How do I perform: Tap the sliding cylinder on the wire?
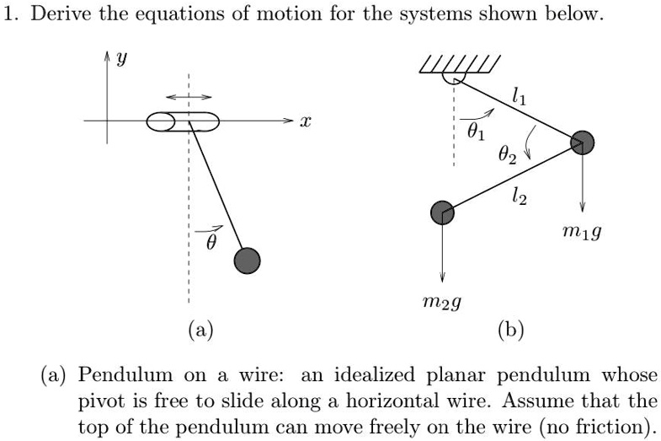click(183, 122)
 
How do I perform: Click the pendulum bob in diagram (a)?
click(247, 261)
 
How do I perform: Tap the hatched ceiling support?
click(461, 65)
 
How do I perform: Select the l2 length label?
click(520, 197)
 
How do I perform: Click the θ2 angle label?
click(505, 154)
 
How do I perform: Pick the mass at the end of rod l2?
click(442, 212)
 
